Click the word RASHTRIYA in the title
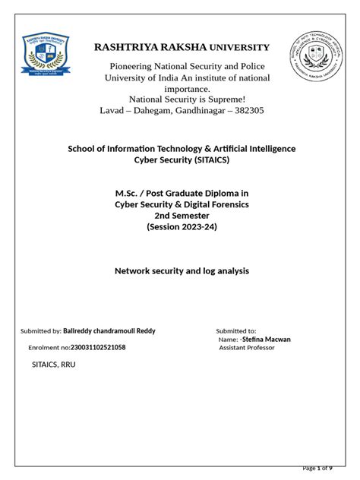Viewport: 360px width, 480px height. click(x=125, y=48)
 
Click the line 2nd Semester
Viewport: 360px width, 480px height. click(x=182, y=216)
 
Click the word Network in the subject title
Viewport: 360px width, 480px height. click(x=133, y=270)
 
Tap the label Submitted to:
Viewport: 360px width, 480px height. click(x=236, y=331)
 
